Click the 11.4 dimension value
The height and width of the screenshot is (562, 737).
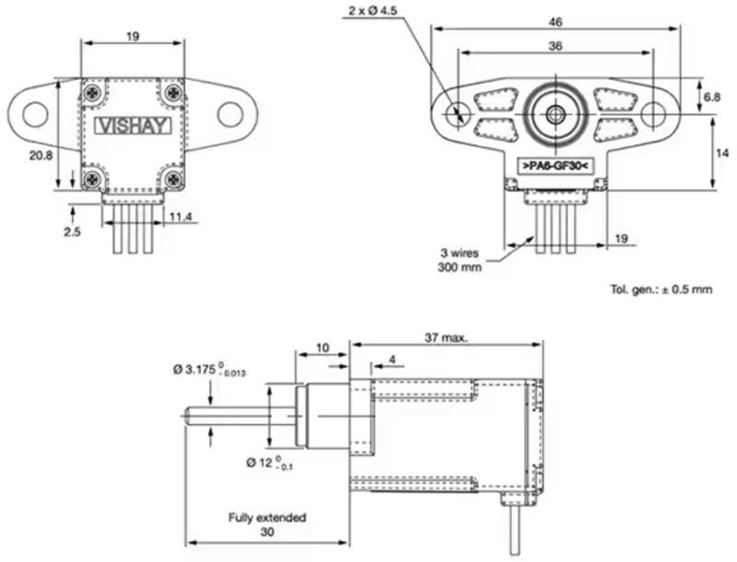181,217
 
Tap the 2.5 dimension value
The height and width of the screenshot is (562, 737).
73,232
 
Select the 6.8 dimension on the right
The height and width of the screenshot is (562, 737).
711,96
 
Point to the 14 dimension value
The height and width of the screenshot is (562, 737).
721,152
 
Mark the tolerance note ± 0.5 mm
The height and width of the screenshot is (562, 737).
661,289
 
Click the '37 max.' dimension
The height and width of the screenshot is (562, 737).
444,338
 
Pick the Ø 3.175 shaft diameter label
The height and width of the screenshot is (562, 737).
209,370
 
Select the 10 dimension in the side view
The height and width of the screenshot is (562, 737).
322,347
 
